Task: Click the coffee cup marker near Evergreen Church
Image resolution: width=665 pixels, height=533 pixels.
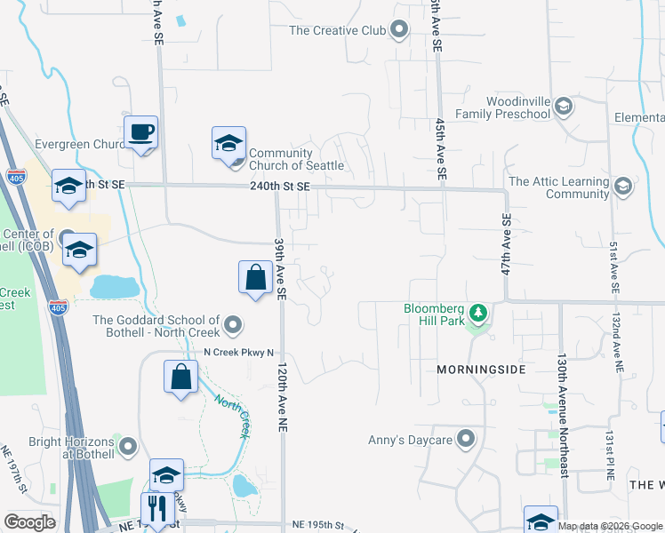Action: pyautogui.click(x=140, y=133)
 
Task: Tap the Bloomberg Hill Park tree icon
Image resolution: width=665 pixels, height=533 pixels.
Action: pyautogui.click(x=478, y=313)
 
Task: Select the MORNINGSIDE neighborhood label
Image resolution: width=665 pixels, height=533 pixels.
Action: pyautogui.click(x=481, y=369)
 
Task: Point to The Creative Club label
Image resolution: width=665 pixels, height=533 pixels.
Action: pyautogui.click(x=337, y=30)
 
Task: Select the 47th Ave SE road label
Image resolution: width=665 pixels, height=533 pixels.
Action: pyautogui.click(x=507, y=243)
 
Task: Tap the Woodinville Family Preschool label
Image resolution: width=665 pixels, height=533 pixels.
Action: pyautogui.click(x=504, y=107)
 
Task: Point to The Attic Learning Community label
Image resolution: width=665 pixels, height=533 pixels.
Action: pyautogui.click(x=559, y=187)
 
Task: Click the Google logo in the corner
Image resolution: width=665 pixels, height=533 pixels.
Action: pyautogui.click(x=29, y=522)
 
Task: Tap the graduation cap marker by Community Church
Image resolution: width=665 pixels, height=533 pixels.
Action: pyautogui.click(x=228, y=143)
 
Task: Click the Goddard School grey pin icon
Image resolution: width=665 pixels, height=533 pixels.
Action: pyautogui.click(x=233, y=326)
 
